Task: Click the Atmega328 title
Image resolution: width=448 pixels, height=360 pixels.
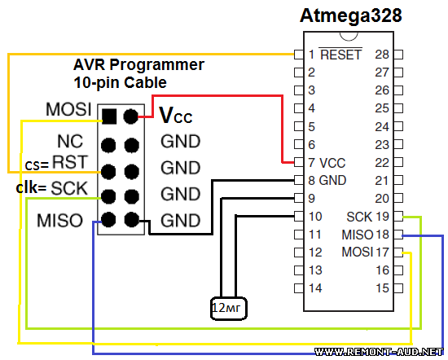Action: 351,16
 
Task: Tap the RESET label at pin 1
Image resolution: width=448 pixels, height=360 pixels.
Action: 340,55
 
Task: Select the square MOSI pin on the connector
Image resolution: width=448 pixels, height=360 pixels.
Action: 109,116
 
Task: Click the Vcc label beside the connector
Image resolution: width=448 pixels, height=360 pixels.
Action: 175,115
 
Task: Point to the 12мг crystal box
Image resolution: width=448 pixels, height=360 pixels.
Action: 229,309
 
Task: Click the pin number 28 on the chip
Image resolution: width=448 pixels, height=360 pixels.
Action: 382,55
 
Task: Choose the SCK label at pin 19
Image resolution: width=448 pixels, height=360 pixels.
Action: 359,217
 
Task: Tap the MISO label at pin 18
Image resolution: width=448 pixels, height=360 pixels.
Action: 358,235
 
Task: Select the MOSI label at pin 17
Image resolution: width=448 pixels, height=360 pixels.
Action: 358,252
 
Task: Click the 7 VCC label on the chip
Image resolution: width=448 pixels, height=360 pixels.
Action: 327,163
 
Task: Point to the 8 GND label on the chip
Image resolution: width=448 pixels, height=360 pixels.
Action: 327,181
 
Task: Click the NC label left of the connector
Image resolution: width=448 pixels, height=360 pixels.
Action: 70,141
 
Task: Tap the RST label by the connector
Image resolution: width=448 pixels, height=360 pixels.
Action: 69,162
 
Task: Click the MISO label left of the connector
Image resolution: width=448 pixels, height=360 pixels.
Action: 59,221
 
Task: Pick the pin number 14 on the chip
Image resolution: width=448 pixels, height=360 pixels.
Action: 315,288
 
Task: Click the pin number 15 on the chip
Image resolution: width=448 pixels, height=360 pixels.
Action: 382,288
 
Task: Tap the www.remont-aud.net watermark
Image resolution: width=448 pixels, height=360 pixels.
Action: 379,352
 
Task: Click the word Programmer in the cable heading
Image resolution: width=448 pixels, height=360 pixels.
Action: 157,65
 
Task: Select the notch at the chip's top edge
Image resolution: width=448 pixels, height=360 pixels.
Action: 349,37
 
